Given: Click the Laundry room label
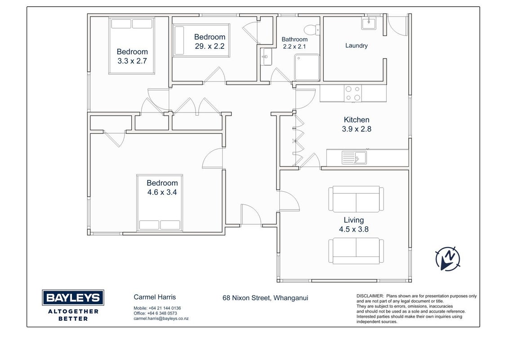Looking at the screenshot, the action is [357, 45].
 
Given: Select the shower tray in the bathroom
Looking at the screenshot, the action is [307, 67].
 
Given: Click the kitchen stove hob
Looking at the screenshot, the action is [353, 93].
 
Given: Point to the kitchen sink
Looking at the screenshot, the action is [354, 157].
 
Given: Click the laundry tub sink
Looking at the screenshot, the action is [369, 23].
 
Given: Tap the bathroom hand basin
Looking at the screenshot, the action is [266, 57].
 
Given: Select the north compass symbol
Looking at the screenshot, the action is [448, 259].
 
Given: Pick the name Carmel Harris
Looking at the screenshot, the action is [155, 297].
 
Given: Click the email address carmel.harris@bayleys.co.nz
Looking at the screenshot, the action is [161, 319].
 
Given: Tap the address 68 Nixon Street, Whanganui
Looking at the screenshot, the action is [265, 298].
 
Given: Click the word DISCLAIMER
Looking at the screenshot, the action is [370, 296].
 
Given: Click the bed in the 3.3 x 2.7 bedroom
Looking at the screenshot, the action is [131, 46].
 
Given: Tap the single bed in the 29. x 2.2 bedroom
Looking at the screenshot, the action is [201, 40].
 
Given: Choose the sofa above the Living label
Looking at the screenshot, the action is [356, 199].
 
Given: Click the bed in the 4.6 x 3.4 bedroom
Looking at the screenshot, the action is [159, 203].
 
